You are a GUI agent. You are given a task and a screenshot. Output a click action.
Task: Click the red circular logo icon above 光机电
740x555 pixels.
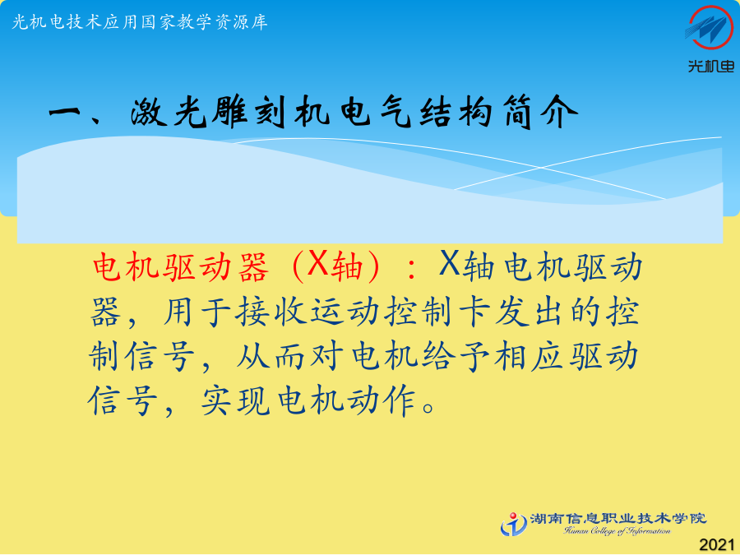coord(710,28)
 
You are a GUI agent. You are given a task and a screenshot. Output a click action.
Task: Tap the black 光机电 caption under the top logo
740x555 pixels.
coord(711,66)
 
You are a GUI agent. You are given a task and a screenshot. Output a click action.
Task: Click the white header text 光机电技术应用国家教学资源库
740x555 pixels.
coord(140,22)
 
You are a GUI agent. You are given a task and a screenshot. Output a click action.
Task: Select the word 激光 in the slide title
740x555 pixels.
coord(169,113)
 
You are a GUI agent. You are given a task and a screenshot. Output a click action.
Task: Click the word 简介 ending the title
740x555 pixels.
coord(540,113)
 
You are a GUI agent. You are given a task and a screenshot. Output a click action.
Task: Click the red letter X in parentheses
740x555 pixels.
coord(317,263)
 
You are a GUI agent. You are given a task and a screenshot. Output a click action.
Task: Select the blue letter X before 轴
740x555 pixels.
coord(449,263)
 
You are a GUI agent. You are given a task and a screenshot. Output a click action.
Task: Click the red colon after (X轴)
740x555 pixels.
coord(412,268)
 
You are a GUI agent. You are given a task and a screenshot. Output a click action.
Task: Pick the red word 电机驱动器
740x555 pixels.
coord(181,267)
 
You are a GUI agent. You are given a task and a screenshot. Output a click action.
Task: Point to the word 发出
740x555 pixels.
coord(530,312)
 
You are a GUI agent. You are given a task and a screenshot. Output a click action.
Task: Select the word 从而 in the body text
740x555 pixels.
coord(271,356)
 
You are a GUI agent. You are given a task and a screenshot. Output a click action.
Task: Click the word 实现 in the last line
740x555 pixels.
coord(235,400)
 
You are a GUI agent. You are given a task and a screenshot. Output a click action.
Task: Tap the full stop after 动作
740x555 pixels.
coord(429,406)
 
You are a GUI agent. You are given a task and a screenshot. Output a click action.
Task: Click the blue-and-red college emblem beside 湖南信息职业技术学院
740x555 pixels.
coord(514,525)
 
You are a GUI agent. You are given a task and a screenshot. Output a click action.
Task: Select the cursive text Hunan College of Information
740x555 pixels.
coord(617,531)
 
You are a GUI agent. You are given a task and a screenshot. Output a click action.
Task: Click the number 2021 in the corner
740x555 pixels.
coord(717,544)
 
